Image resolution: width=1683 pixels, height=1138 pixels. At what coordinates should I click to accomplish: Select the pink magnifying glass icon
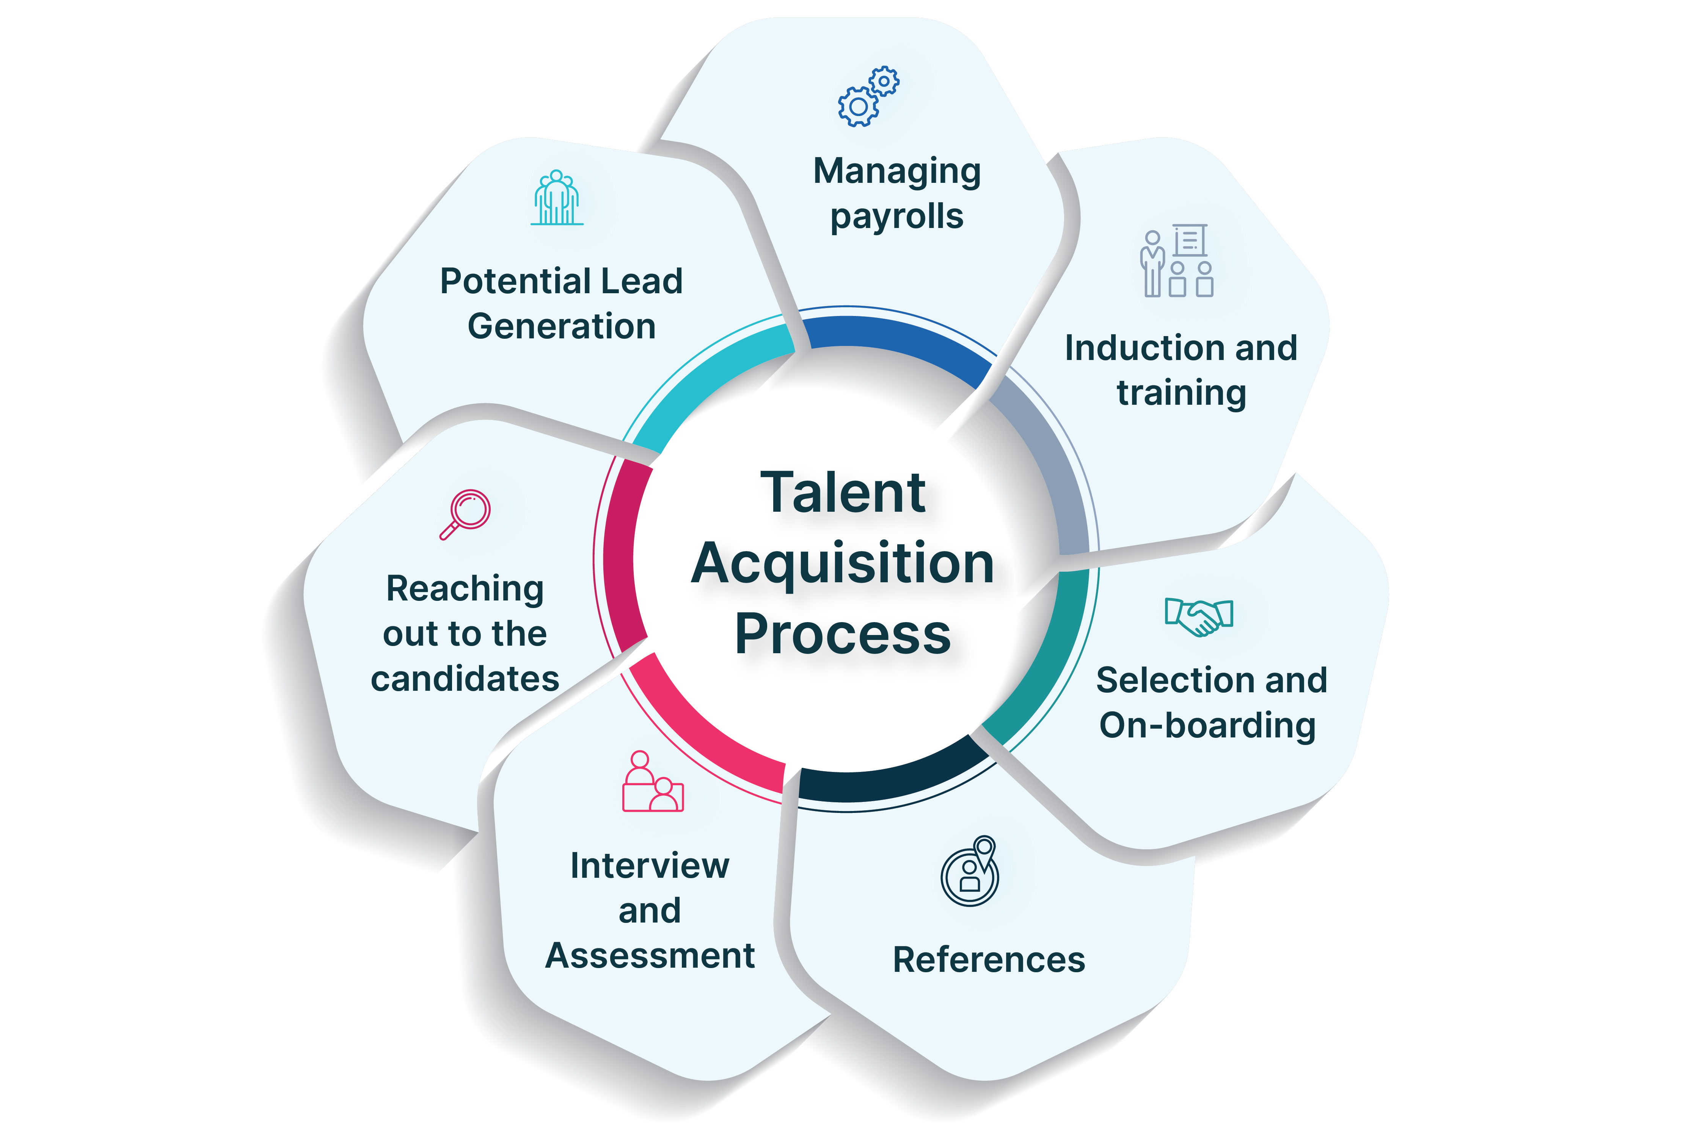(x=466, y=514)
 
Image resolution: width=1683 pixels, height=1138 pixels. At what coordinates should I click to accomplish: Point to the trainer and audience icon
(x=1176, y=261)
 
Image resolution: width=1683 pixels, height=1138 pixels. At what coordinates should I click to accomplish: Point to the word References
(x=989, y=960)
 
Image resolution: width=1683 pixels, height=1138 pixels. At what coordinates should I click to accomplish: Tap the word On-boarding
(x=1207, y=725)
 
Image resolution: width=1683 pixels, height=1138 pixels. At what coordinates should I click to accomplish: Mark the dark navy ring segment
(x=891, y=782)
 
